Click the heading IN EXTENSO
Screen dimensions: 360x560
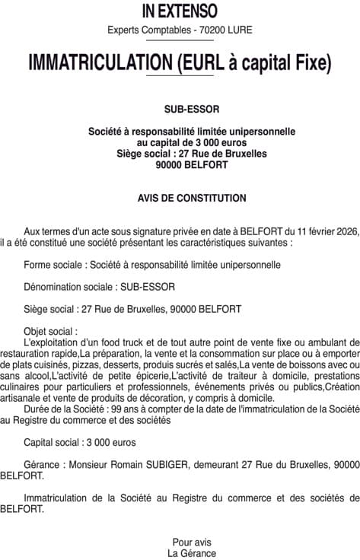tap(180, 11)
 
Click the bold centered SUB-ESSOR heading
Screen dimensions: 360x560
tap(180, 108)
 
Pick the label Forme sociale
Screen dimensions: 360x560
tap(54, 265)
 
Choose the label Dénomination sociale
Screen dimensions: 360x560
tap(68, 287)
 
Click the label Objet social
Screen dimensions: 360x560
tap(49, 331)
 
